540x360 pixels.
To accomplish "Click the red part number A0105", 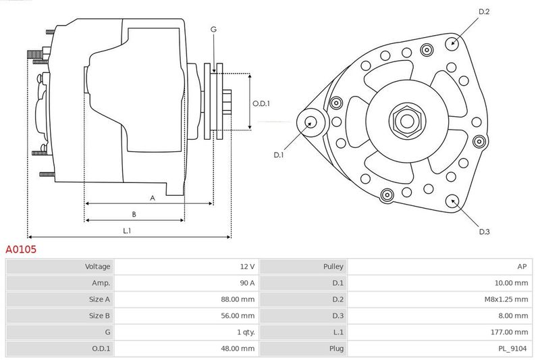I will click(x=21, y=249).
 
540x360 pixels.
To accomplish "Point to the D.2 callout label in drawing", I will click(x=484, y=11).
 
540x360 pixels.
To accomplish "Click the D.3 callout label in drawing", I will click(x=484, y=232).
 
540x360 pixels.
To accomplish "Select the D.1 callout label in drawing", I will click(x=279, y=155).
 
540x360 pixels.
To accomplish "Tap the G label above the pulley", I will click(x=213, y=29).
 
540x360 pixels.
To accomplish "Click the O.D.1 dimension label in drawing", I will click(x=261, y=103).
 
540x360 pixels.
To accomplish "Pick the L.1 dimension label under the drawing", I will click(x=126, y=230).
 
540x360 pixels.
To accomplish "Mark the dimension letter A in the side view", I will click(x=153, y=198).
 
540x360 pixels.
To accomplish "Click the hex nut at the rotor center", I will click(x=406, y=121).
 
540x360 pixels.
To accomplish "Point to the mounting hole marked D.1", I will click(x=311, y=122).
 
